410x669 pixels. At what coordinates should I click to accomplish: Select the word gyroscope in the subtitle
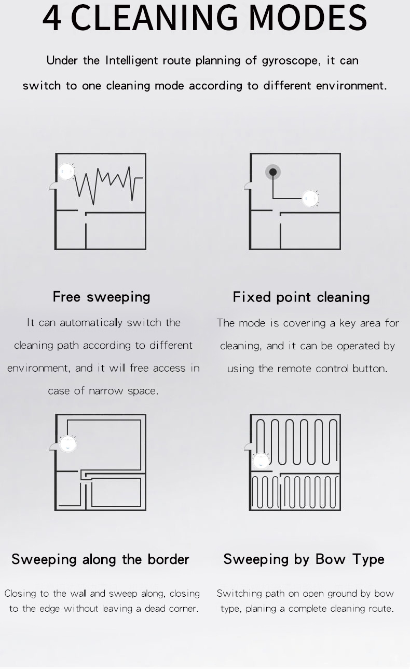(x=290, y=61)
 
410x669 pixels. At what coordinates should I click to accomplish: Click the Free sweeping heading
(x=101, y=297)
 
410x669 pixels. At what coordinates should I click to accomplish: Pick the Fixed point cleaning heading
(x=301, y=297)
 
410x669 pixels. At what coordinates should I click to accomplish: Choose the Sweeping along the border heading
(x=100, y=559)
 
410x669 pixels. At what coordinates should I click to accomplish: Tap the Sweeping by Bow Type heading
(x=304, y=559)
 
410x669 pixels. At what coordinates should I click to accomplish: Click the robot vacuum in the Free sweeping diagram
(x=66, y=172)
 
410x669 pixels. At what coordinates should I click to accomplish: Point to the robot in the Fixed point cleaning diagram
(x=310, y=198)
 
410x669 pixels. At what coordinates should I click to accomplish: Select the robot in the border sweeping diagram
(x=68, y=443)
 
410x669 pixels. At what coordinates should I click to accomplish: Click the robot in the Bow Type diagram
(x=261, y=460)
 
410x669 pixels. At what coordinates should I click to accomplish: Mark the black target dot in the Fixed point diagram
(x=273, y=172)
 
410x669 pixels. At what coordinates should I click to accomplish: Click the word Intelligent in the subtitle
(x=133, y=61)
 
